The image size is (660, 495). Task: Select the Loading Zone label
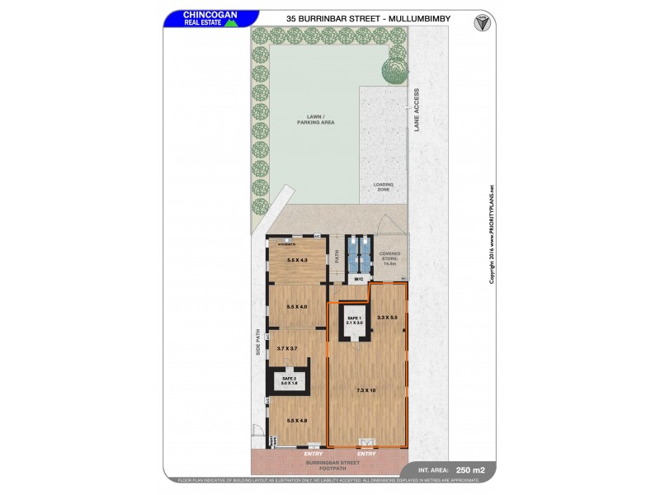(x=383, y=187)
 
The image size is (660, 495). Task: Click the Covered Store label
(x=389, y=259)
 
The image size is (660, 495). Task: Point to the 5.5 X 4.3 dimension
(x=296, y=261)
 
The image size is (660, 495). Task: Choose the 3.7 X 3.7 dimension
(x=288, y=349)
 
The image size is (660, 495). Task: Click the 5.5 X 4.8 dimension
(x=296, y=422)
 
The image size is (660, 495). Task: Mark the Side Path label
(x=257, y=345)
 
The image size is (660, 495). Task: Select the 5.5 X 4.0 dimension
(x=296, y=307)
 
